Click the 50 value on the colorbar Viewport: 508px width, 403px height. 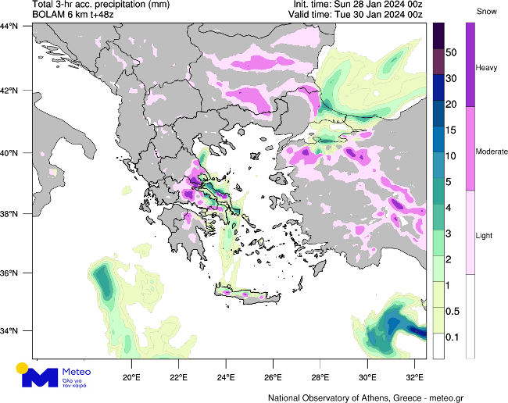pyautogui.click(x=452, y=52)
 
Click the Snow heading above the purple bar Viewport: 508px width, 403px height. pyautogui.click(x=485, y=12)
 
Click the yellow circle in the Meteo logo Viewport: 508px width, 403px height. pyautogui.click(x=23, y=368)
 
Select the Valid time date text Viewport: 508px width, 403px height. pyautogui.click(x=391, y=15)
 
